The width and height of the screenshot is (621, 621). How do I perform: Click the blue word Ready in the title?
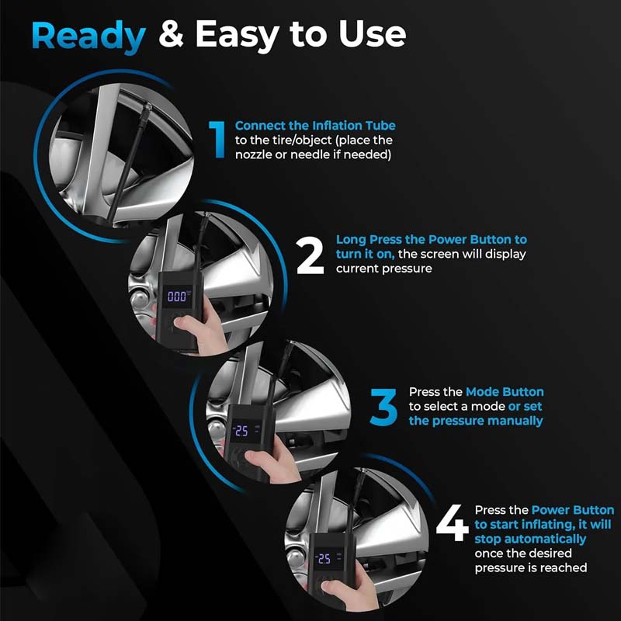click(88, 36)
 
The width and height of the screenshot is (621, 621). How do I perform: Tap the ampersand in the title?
click(171, 34)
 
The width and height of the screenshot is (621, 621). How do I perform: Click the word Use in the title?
click(373, 34)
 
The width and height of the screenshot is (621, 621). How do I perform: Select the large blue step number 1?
click(218, 140)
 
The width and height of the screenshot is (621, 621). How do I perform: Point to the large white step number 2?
click(310, 255)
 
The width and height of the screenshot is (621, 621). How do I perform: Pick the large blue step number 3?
click(383, 407)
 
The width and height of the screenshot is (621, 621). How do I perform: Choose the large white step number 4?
click(453, 522)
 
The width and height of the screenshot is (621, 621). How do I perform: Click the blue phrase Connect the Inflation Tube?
click(315, 126)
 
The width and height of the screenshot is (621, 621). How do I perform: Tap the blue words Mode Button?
click(505, 392)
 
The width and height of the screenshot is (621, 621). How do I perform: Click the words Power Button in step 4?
click(573, 510)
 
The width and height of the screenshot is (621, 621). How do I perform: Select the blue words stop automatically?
click(530, 539)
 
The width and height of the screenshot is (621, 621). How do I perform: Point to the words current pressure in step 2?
click(383, 269)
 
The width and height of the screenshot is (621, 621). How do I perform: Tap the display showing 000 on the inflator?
click(177, 297)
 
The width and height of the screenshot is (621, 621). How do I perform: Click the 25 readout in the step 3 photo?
click(242, 431)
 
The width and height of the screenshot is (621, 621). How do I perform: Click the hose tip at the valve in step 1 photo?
click(147, 108)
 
